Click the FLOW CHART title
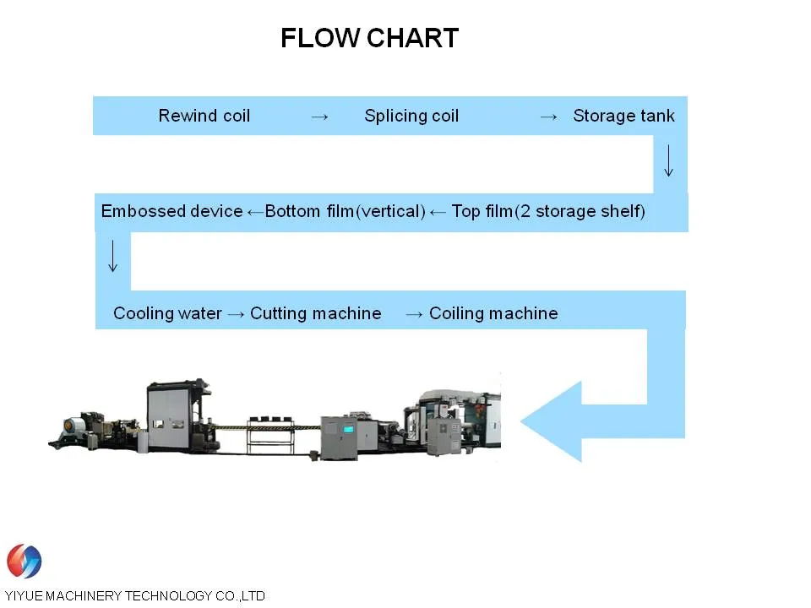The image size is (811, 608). coord(369,38)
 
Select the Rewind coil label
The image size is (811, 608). coord(204,116)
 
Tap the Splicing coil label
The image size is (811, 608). coord(411,116)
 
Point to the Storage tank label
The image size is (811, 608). coord(623,116)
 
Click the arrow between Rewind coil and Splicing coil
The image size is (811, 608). coord(319,117)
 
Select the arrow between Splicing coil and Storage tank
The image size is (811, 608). coord(548,117)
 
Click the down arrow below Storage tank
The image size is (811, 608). coord(668,160)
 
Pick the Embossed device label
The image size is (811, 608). coord(171,211)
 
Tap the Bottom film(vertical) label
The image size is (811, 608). coord(345,211)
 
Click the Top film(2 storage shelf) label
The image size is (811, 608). coord(548,211)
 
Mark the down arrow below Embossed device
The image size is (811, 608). coord(113,256)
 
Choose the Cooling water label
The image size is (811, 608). coord(167,313)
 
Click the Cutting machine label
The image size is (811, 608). coord(316,313)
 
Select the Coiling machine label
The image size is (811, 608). coord(493,313)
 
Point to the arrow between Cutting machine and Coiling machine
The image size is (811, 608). coord(414,314)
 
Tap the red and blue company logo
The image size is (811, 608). coord(24,562)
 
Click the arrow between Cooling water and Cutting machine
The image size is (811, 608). coord(237,314)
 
